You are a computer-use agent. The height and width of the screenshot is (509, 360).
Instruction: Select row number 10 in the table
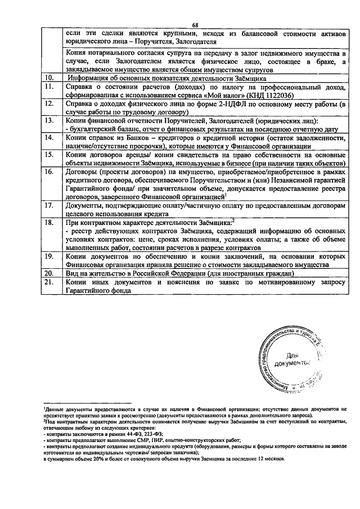click(x=49, y=78)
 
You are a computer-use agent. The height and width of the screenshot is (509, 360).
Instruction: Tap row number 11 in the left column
click(x=49, y=87)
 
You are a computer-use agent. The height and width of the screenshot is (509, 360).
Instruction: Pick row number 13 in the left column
click(x=49, y=120)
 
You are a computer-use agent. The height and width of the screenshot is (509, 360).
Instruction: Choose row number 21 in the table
click(x=49, y=281)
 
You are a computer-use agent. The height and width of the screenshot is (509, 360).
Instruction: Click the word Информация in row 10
click(x=89, y=78)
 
